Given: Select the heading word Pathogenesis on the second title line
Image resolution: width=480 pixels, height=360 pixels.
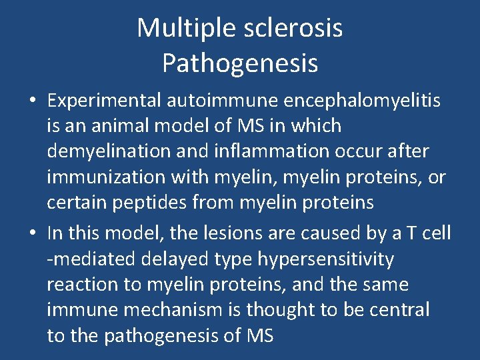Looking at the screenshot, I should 240,64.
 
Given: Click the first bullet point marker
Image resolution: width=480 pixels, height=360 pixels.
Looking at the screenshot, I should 32,101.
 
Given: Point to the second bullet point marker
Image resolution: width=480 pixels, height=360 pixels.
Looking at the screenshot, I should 32,234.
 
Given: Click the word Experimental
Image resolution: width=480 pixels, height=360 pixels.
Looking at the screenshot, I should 104,100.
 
